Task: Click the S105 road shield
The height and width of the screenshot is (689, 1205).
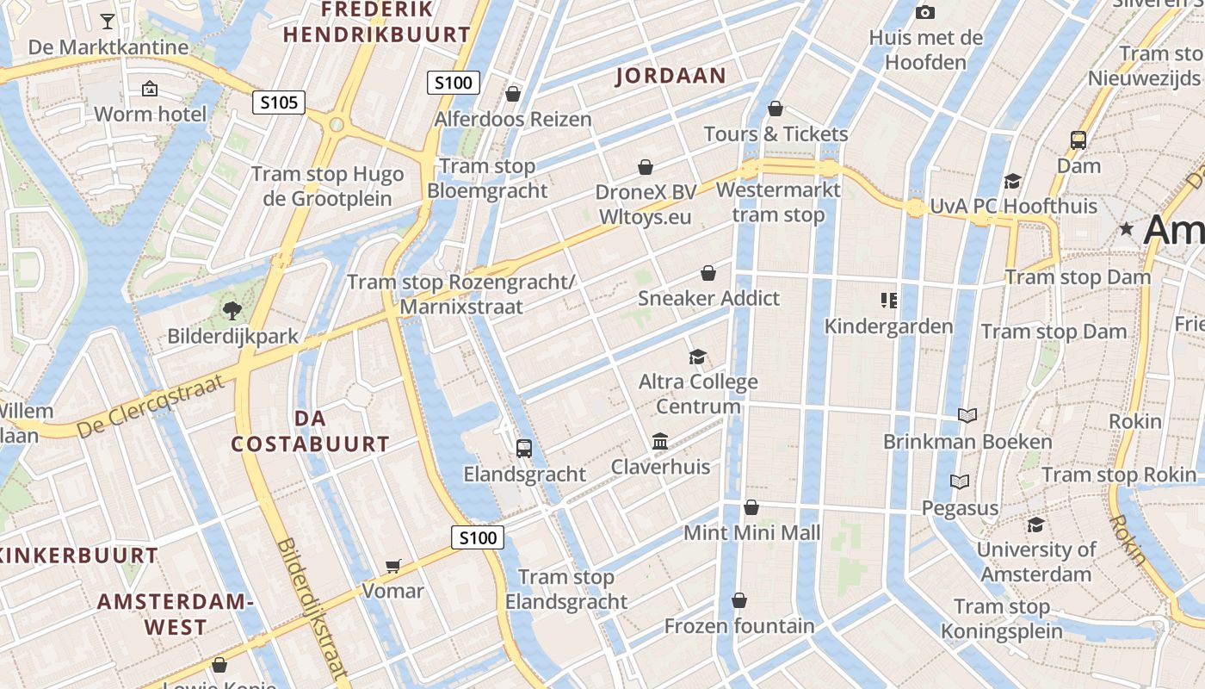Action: [x=280, y=103]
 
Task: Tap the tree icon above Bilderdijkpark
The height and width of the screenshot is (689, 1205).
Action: [x=232, y=311]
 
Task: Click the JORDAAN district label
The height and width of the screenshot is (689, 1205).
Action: [x=671, y=76]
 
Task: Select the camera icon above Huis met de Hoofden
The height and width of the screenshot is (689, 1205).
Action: [x=925, y=12]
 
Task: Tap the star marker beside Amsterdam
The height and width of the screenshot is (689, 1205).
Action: [x=1126, y=229]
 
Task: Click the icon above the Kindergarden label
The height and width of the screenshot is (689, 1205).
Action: [x=889, y=301]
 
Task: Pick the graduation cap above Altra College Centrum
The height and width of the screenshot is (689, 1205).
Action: [x=697, y=357]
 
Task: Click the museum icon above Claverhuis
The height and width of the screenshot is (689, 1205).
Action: [x=660, y=442]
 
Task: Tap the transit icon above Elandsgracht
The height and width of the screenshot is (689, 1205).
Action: [x=523, y=449]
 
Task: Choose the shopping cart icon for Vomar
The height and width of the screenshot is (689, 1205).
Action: [x=393, y=566]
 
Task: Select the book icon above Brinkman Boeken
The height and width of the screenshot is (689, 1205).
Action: [x=967, y=416]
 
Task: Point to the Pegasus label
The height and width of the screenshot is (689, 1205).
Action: [x=960, y=508]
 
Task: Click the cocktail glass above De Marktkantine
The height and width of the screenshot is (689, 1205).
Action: [x=108, y=22]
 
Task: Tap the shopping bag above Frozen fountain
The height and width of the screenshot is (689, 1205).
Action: [x=739, y=600]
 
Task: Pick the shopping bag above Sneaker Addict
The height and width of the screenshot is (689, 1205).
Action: [x=708, y=273]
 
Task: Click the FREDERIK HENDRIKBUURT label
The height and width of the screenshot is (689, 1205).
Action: [x=377, y=22]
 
